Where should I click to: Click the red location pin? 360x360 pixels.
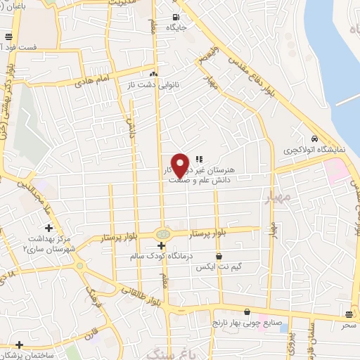click(x=181, y=165)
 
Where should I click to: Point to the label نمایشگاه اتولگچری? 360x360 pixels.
click(x=310, y=150)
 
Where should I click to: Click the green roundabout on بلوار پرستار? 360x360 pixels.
click(x=162, y=233)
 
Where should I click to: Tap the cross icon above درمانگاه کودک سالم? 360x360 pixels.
click(x=162, y=245)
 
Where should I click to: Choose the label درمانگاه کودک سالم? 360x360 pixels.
click(x=162, y=257)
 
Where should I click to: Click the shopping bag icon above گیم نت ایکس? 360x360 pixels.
click(x=219, y=257)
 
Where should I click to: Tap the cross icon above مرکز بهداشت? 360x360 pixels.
click(x=49, y=228)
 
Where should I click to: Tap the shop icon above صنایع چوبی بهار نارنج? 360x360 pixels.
click(x=247, y=311)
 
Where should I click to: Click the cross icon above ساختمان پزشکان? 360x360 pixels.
click(x=19, y=344)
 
